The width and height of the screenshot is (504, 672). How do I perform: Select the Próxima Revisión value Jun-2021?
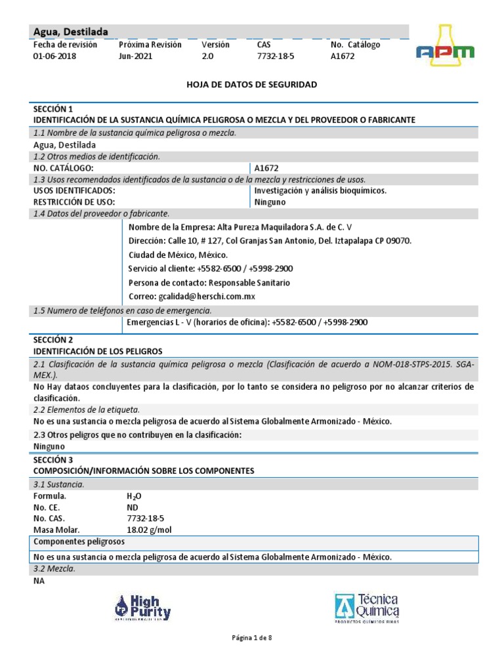click(135, 57)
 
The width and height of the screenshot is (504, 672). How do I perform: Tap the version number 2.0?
click(207, 57)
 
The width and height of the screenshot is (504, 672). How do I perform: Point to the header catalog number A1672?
click(343, 57)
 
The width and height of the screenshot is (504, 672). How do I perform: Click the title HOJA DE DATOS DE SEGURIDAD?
click(252, 85)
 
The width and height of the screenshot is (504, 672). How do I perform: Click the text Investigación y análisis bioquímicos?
click(320, 190)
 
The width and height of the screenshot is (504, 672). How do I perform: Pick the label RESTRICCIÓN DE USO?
click(74, 202)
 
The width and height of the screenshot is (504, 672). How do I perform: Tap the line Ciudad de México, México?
click(178, 255)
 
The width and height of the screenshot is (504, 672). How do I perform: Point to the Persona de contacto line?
click(209, 283)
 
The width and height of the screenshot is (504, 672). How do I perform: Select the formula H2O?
click(134, 497)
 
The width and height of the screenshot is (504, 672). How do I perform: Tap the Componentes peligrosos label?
click(79, 542)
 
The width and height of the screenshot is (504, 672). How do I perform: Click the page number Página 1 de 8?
click(252, 638)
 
